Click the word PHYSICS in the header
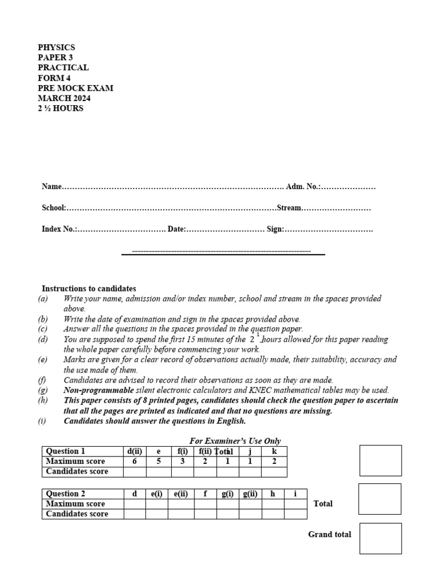tap(56, 47)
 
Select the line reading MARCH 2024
tap(64, 98)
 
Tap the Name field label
tap(51, 187)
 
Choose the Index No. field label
tap(59, 229)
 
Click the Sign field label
tap(275, 229)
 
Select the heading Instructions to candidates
tap(89, 289)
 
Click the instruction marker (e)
tap(43, 360)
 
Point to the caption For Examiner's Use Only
tap(235, 441)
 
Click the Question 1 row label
tap(66, 451)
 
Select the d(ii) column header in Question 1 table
tap(135, 451)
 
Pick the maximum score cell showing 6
tap(135, 462)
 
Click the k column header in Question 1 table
tap(274, 451)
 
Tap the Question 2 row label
tap(66, 494)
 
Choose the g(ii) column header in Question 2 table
tap(250, 494)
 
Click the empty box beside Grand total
tap(380, 538)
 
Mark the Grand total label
tap(330, 535)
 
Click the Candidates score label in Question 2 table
tap(77, 514)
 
